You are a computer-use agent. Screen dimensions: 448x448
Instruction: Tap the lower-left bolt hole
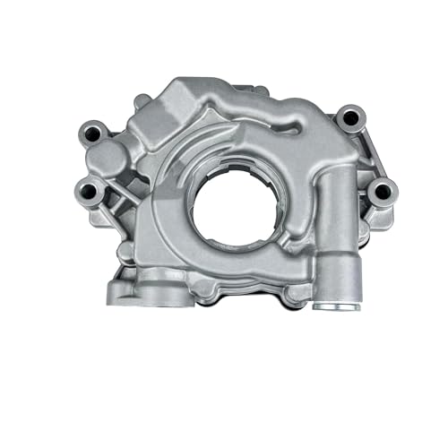[89, 189]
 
